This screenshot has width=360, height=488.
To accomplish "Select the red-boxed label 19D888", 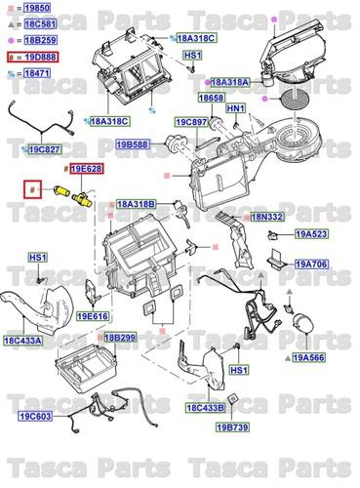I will pyautogui.click(x=37, y=59).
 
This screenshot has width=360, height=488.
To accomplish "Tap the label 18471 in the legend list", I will pyautogui.click(x=37, y=73).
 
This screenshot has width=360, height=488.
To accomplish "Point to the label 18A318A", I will pyautogui.click(x=231, y=84).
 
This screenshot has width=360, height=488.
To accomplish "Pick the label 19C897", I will pyautogui.click(x=192, y=123).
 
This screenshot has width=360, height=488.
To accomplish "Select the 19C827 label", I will pyautogui.click(x=43, y=149).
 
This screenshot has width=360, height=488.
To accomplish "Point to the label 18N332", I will pyautogui.click(x=266, y=217).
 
